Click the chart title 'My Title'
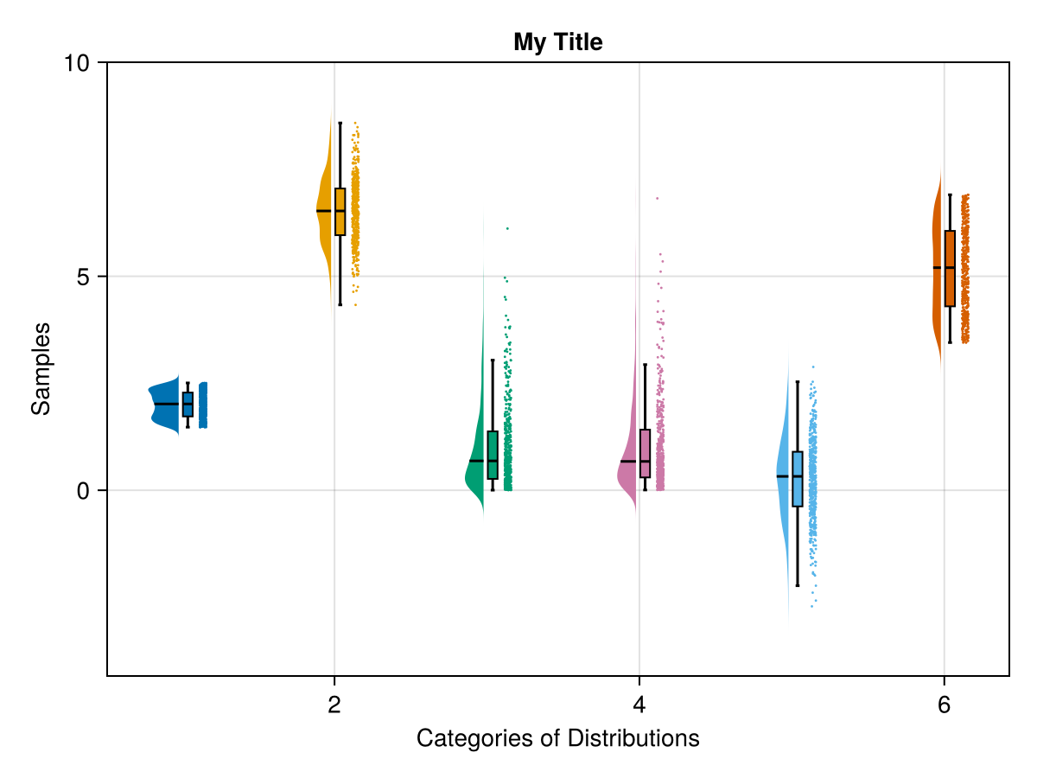coord(557,41)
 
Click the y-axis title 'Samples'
coord(41,368)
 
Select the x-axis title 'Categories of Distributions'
coord(557,739)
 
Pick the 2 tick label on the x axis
coord(334,705)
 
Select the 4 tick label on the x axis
coord(639,705)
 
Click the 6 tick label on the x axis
coord(944,705)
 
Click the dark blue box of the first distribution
coord(188,404)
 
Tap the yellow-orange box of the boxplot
coord(340,212)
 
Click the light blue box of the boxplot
coord(798,479)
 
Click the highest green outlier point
coord(507,228)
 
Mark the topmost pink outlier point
coord(657,199)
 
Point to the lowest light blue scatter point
coord(811,606)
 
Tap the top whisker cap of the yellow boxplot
coord(340,124)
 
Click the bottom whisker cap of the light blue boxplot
coord(798,585)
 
